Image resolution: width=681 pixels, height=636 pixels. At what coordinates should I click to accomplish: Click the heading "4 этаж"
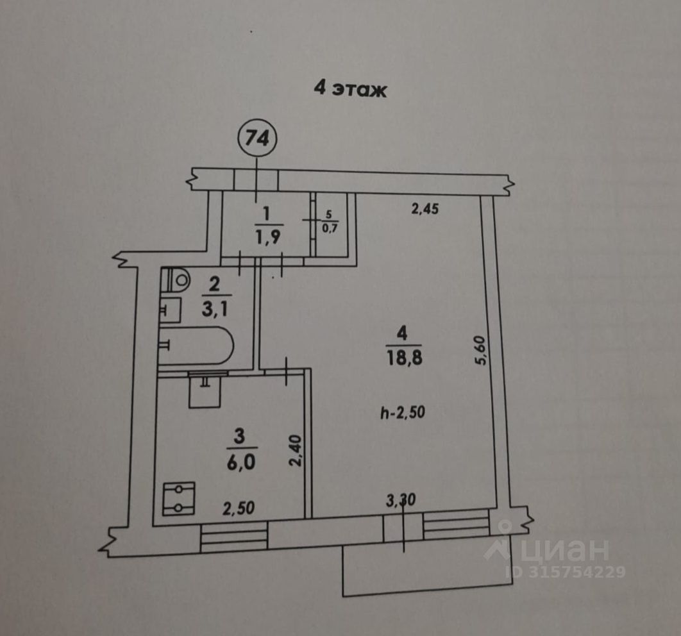(x=350, y=88)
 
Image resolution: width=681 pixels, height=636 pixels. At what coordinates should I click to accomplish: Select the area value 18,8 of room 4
(x=402, y=356)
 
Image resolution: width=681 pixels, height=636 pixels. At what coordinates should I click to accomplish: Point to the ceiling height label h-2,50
(x=403, y=414)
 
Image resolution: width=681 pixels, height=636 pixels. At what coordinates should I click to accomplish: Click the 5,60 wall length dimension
(x=481, y=350)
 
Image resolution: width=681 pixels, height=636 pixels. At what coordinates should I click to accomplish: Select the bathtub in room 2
(x=196, y=346)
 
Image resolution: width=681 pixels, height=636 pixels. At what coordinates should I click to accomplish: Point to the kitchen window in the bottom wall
(x=233, y=537)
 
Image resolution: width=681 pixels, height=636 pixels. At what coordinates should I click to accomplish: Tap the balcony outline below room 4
(x=410, y=571)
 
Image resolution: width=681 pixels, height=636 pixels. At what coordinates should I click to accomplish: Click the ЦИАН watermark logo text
(x=564, y=550)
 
